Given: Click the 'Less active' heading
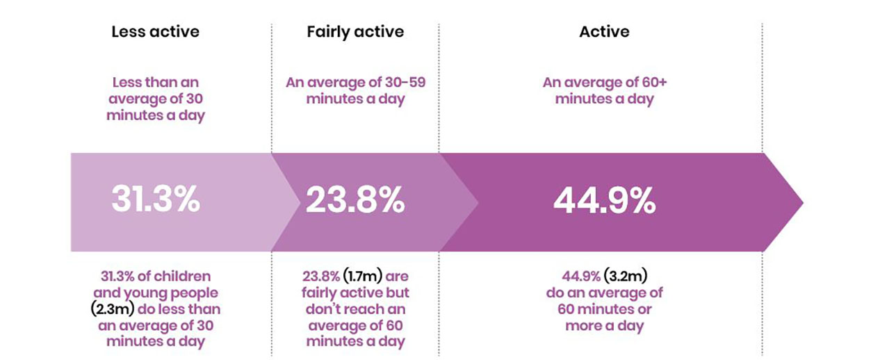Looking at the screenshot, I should click(155, 32).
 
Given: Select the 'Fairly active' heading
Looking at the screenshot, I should click(355, 32).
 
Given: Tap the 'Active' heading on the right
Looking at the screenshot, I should click(604, 32).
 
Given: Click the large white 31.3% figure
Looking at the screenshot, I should click(156, 201).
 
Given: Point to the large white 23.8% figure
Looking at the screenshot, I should click(355, 201).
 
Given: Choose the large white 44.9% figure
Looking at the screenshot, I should click(604, 201).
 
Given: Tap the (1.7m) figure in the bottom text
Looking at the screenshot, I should click(355, 277).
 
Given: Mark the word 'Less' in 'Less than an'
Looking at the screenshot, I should click(128, 83).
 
